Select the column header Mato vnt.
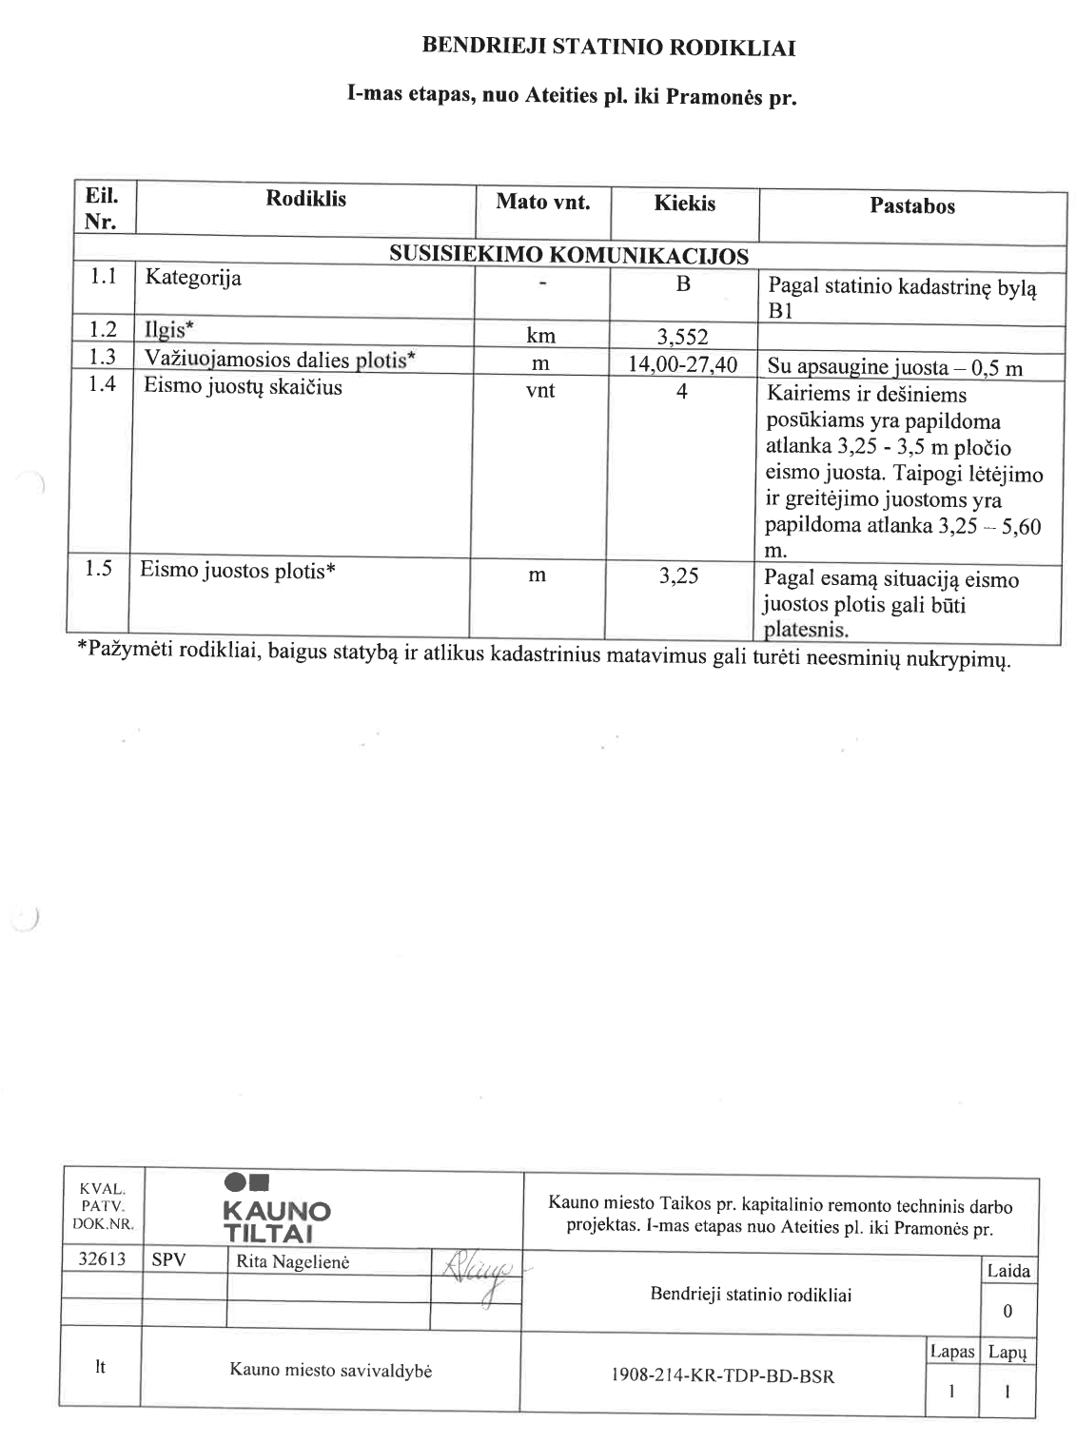542,203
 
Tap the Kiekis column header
684,204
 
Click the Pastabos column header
911,206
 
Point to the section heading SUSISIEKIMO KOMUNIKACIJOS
568,256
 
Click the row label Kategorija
193,279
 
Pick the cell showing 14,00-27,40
683,364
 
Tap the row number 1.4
102,385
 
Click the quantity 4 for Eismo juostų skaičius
682,391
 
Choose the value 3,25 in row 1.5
679,576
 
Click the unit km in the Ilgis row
540,336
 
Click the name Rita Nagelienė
286,1262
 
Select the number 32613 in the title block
101,1260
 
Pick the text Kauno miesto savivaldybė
330,1371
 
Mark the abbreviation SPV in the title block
168,1261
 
